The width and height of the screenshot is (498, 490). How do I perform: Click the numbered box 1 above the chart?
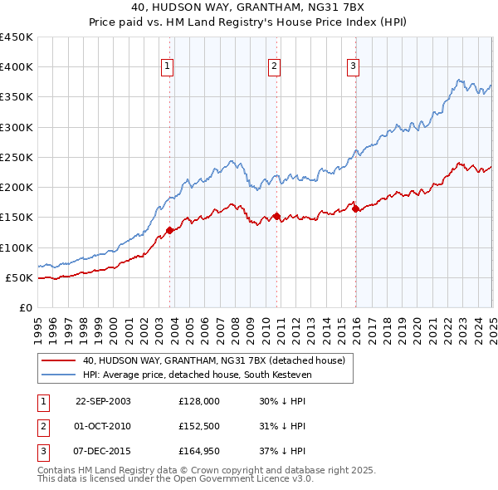coord(168,67)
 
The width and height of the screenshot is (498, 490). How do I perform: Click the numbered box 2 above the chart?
coord(274,67)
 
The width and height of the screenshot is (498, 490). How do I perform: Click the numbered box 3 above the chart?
coord(353,67)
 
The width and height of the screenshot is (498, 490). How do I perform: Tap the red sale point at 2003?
coord(169,230)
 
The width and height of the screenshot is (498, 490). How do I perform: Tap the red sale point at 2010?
coord(276,216)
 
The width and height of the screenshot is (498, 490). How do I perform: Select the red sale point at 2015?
coord(355,208)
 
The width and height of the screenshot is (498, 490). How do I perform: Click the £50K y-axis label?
coord(19,277)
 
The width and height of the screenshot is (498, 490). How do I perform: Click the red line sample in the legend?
coord(58,360)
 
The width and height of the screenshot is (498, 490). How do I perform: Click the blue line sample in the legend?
coord(58,374)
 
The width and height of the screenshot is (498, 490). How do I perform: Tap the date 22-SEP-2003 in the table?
coord(103,400)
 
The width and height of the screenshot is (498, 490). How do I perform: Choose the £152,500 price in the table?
coord(199,426)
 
